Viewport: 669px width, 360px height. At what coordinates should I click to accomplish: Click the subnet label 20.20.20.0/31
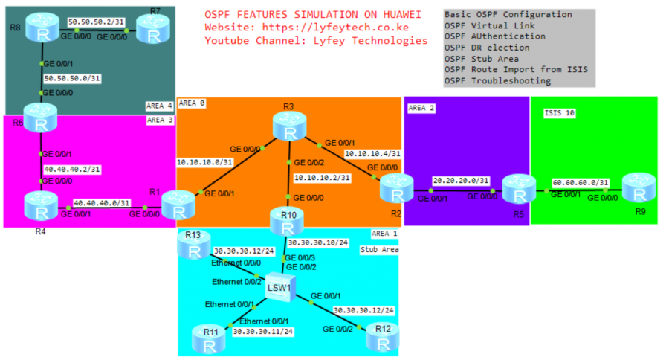[461, 180]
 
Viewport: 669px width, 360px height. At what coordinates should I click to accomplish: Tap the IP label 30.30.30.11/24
[262, 332]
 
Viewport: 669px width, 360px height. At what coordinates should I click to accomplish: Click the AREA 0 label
[192, 103]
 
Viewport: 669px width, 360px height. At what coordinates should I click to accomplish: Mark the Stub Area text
[379, 250]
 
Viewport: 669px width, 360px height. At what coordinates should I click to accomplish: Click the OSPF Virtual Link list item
[484, 25]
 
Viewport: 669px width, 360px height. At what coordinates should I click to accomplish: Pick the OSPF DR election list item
[482, 48]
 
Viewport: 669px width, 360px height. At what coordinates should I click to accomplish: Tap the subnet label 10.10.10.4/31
[372, 154]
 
